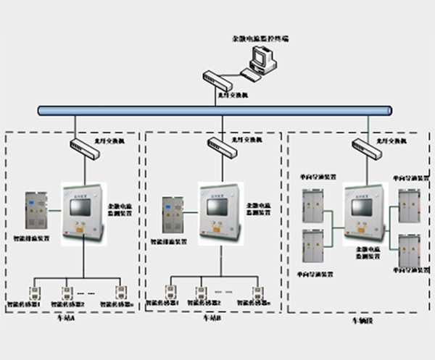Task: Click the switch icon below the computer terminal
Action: click(x=216, y=78)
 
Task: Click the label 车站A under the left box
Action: click(x=65, y=317)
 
